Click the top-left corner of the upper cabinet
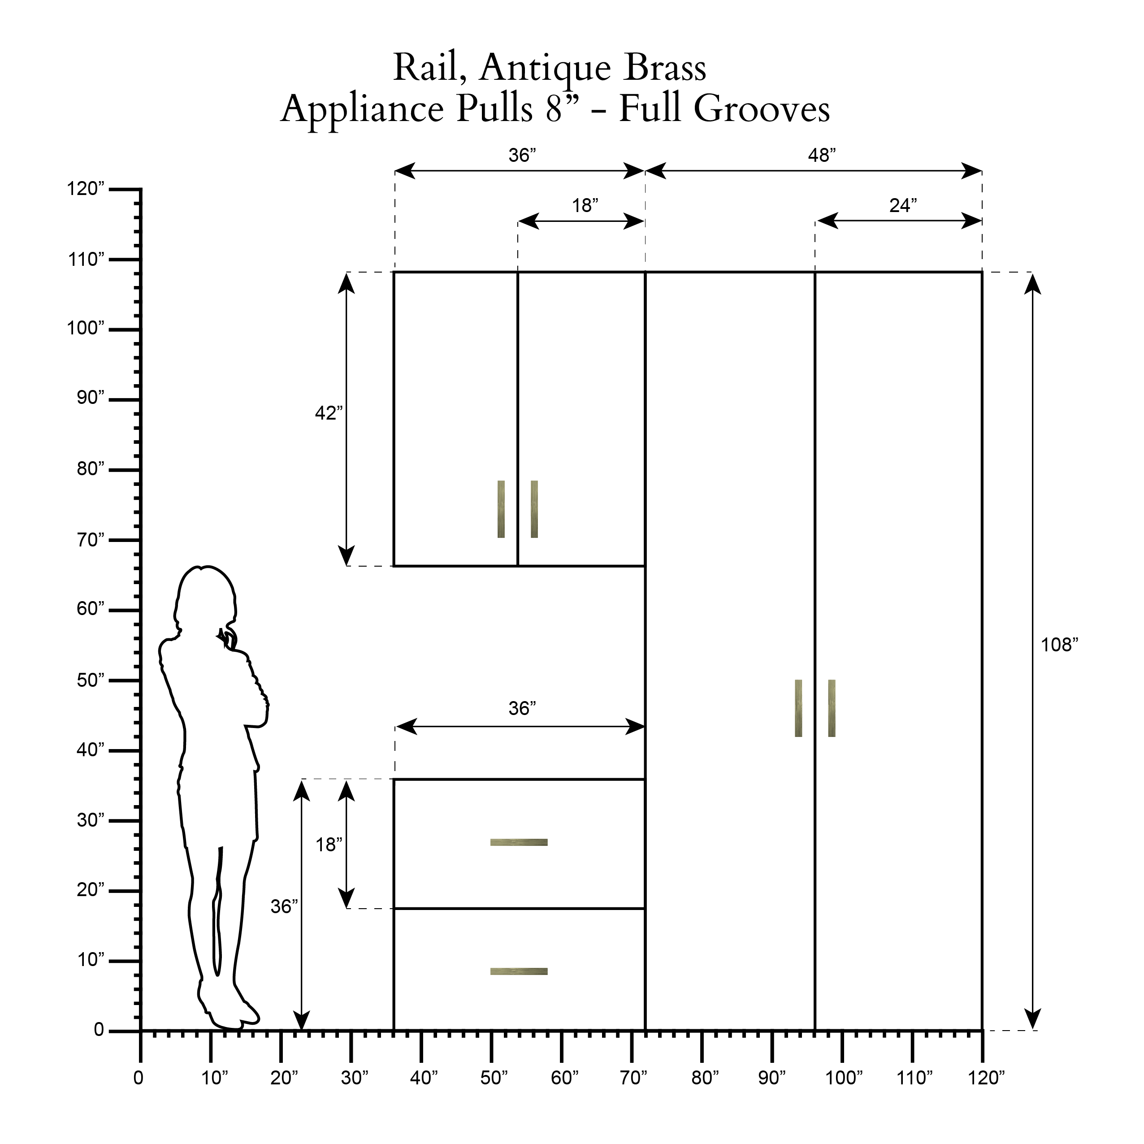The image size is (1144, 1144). coord(394,273)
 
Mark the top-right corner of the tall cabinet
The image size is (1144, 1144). coord(982,273)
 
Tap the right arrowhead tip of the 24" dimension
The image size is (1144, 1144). coord(982,221)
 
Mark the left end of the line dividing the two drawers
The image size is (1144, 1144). coord(394,908)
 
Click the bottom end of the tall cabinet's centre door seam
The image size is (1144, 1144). coord(815,1030)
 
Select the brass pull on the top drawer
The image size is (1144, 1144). coord(519,842)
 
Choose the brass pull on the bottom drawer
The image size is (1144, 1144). coord(519,971)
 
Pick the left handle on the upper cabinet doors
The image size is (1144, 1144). coord(501,509)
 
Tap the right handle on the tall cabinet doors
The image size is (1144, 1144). coord(832,708)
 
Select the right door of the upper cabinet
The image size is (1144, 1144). coord(581,419)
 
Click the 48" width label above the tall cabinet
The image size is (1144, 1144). coord(822,155)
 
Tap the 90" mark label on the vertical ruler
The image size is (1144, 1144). coord(90,397)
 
